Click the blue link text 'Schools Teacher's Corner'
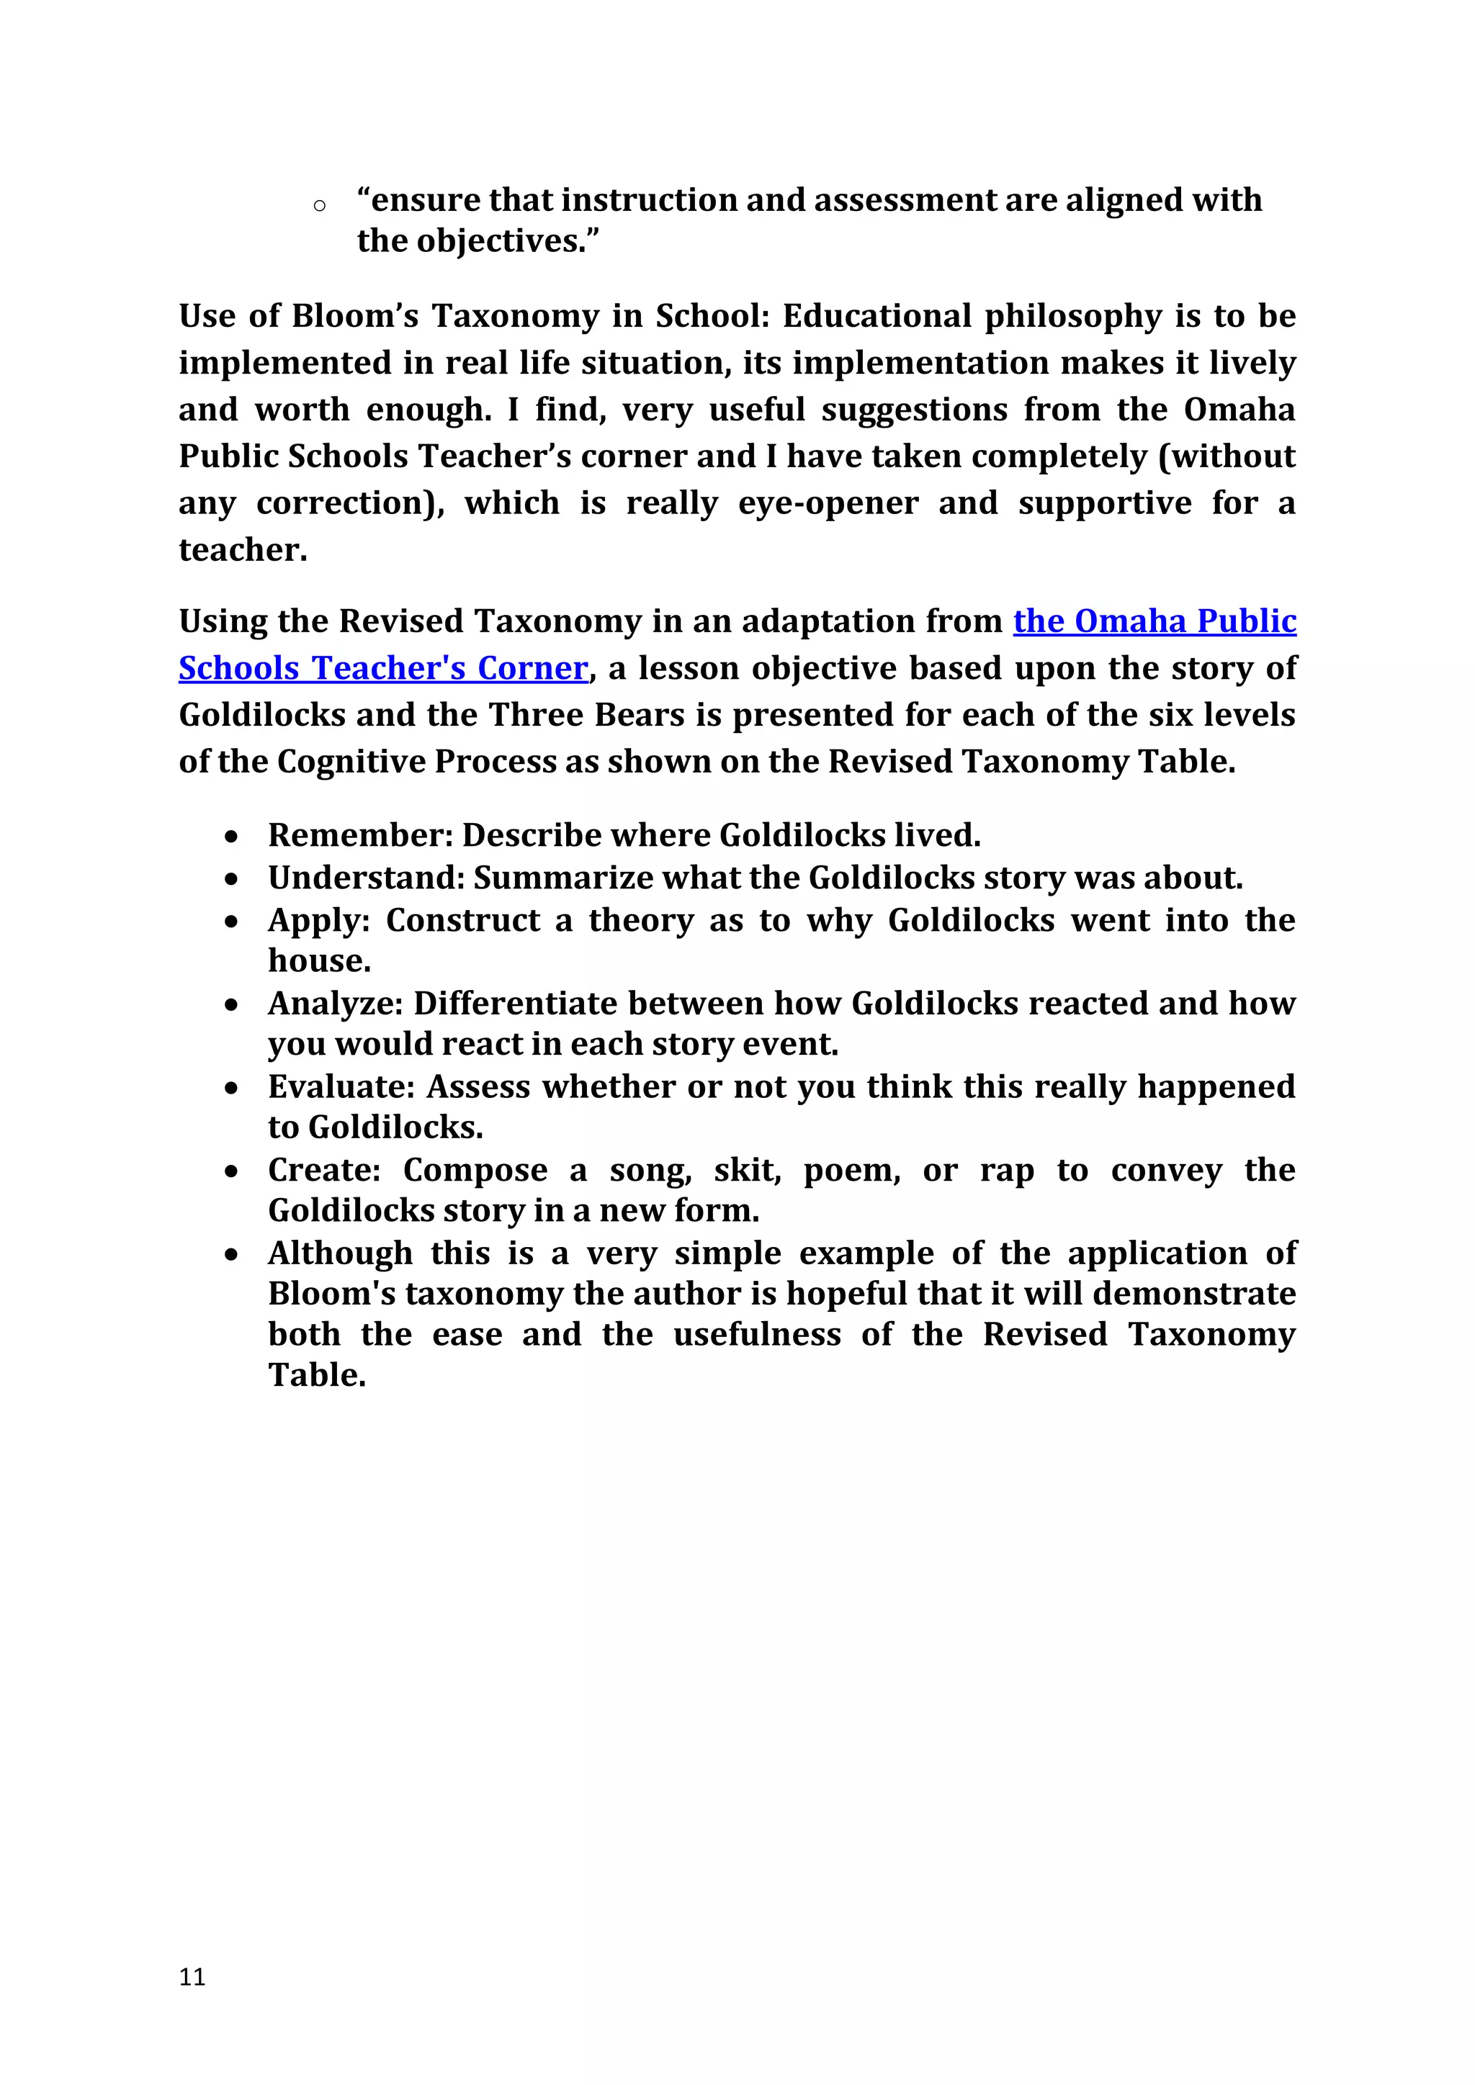(x=383, y=668)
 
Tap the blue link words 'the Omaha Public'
(x=1155, y=621)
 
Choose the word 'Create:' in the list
(x=324, y=1170)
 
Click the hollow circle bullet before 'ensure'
(x=319, y=206)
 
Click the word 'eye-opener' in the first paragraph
(x=828, y=503)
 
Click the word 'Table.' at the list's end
(x=317, y=1375)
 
